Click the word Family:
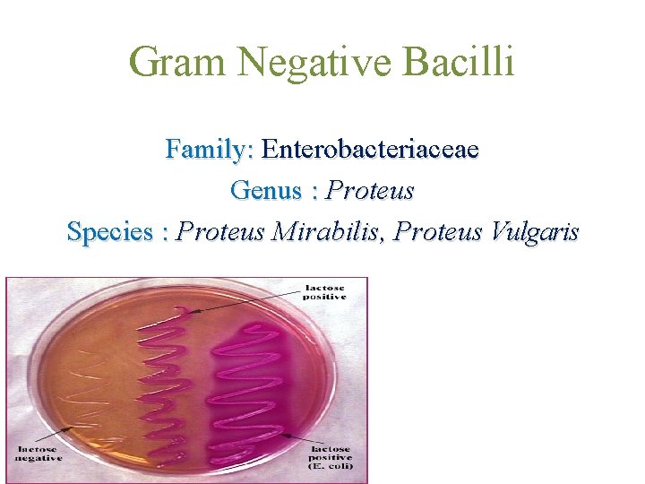[x=211, y=149]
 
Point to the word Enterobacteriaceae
[x=371, y=149]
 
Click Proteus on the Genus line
[x=370, y=190]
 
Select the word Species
[x=109, y=232]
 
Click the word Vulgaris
[x=535, y=232]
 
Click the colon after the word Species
[x=165, y=233]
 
